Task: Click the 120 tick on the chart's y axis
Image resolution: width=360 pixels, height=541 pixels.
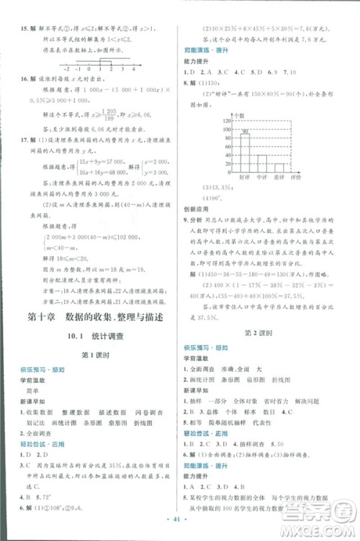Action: tap(208, 120)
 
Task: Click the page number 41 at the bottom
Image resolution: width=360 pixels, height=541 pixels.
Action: tap(179, 516)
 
